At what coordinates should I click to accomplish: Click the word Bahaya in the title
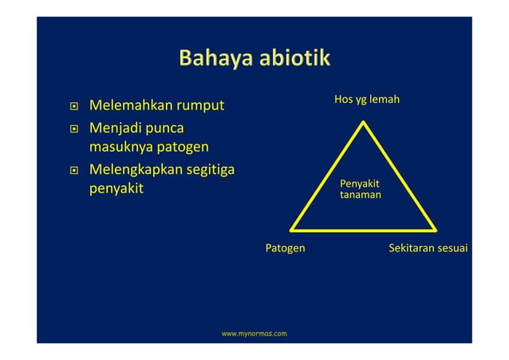[x=211, y=59]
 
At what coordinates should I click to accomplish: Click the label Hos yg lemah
[x=366, y=100]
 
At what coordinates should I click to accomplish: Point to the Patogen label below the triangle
[x=285, y=248]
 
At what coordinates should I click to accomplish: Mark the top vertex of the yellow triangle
[x=364, y=122]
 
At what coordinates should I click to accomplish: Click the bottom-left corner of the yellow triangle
[x=290, y=229]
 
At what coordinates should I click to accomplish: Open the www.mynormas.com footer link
[x=254, y=330]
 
